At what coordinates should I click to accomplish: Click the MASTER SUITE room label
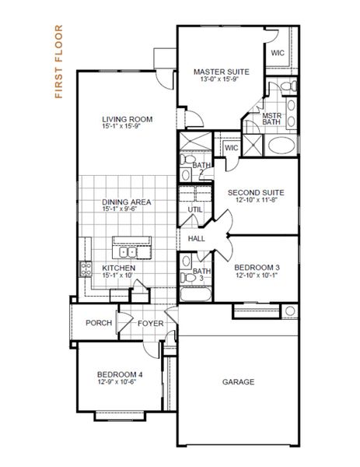222,72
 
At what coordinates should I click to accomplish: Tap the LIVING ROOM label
128,119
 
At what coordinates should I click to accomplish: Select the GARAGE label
238,382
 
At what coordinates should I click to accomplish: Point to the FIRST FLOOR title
59,61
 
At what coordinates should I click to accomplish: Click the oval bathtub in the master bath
281,146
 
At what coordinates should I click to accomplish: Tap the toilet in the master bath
288,86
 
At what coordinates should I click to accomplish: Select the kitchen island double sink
128,252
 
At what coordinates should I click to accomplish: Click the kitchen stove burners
86,269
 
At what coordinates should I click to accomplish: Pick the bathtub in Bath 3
195,294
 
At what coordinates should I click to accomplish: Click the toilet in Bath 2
187,160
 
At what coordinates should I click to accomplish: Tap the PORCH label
99,323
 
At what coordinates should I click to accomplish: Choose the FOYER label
151,324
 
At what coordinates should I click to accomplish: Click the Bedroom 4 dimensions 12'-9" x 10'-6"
117,381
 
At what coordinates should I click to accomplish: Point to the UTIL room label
195,209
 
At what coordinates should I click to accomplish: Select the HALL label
197,239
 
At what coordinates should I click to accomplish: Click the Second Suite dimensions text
256,200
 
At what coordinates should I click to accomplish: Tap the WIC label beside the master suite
278,53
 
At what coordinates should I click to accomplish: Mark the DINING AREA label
127,202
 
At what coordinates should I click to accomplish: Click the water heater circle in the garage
290,311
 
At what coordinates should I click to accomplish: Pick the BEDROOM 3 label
257,268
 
